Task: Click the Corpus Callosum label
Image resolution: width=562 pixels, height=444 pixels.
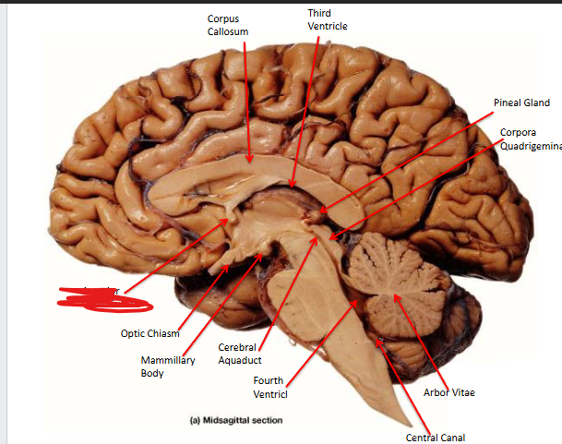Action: (227, 25)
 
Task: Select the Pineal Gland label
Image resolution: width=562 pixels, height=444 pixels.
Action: (521, 103)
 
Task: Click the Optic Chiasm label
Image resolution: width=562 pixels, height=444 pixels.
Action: (149, 333)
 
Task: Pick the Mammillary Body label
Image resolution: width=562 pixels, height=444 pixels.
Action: (167, 366)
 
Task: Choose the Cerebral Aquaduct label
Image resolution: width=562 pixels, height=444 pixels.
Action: (240, 354)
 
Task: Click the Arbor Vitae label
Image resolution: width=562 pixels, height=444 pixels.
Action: (449, 392)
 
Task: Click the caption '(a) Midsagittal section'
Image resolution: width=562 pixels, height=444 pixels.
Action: (235, 420)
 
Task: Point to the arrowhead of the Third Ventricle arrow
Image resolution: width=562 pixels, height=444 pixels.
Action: (293, 186)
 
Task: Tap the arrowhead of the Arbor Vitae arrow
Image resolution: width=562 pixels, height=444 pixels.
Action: (395, 296)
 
